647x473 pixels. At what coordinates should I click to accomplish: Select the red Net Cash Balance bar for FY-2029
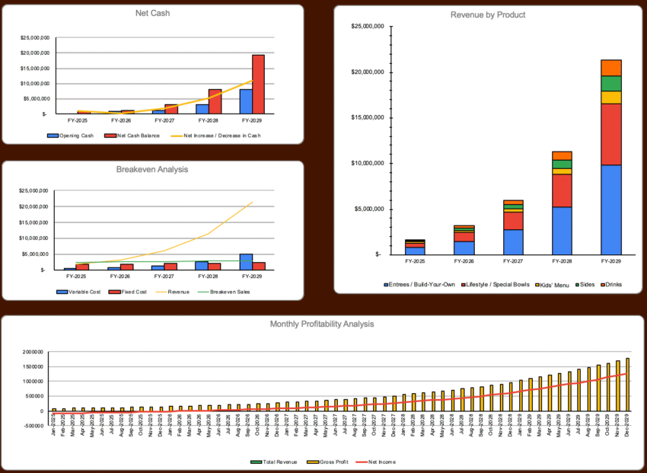coord(258,84)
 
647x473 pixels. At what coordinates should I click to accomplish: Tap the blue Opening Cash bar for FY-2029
coord(246,101)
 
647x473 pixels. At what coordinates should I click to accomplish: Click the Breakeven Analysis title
coord(152,169)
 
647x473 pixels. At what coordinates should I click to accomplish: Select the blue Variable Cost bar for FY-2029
coord(246,262)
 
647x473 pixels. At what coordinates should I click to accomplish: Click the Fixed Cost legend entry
coord(129,291)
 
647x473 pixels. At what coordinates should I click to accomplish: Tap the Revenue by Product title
coord(488,14)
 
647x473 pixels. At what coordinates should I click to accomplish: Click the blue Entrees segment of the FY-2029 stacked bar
coord(610,209)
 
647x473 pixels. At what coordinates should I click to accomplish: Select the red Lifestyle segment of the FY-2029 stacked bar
coord(610,134)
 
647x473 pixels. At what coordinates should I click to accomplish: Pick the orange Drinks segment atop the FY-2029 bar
coord(610,67)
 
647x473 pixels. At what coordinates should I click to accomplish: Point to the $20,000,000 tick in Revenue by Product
coord(368,72)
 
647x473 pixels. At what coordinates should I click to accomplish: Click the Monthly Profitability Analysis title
coord(322,324)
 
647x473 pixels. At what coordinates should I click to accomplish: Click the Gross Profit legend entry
coord(330,461)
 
